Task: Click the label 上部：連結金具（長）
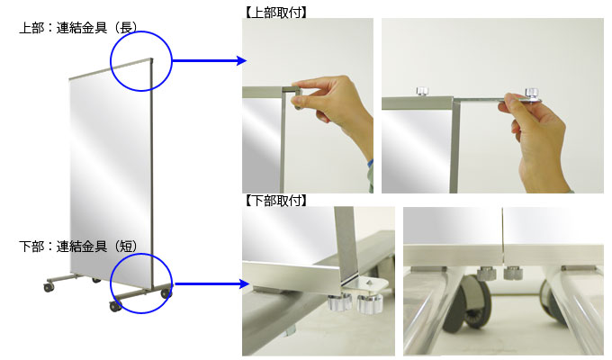78,28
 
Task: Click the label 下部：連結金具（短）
78,247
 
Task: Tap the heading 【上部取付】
275,12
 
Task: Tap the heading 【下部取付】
275,201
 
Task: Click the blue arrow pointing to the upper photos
209,60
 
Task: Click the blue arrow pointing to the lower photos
211,283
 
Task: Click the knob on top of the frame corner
421,92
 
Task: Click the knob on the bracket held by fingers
532,93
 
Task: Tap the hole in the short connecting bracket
368,283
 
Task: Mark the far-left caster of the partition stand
49,287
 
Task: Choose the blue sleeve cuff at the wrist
370,164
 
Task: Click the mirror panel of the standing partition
110,172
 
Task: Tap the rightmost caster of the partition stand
166,292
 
